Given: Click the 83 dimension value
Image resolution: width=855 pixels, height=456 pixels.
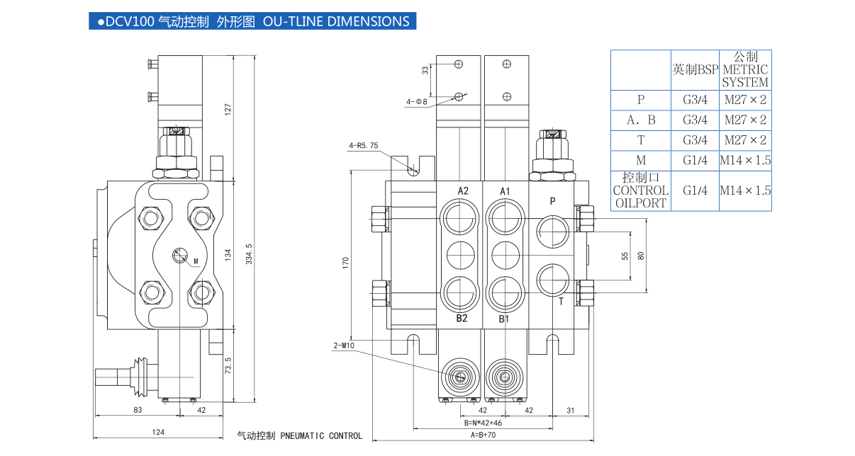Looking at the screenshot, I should click(138, 409).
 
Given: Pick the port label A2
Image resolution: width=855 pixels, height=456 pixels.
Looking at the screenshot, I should click(463, 190).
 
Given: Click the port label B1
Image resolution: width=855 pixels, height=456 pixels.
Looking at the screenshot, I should click(504, 319).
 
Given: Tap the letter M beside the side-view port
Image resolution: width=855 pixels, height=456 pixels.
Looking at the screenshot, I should click(195, 261).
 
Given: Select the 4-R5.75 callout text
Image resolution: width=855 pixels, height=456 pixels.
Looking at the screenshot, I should click(364, 146).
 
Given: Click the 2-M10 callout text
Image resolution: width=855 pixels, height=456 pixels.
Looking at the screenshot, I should click(345, 346).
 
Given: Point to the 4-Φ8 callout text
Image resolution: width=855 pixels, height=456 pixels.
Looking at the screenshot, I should click(417, 102).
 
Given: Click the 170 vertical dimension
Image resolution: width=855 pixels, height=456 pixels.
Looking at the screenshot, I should click(345, 263).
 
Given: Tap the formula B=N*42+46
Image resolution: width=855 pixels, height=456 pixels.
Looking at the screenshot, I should click(484, 423).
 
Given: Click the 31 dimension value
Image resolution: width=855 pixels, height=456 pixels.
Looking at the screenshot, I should click(571, 410).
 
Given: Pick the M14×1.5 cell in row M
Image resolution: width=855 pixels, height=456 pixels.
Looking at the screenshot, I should click(745, 160).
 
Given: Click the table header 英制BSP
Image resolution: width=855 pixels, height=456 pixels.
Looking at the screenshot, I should click(695, 69).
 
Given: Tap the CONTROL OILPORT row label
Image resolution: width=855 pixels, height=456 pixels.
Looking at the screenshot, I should click(641, 196).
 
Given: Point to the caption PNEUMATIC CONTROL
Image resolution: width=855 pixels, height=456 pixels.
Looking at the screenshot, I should click(321, 435).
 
